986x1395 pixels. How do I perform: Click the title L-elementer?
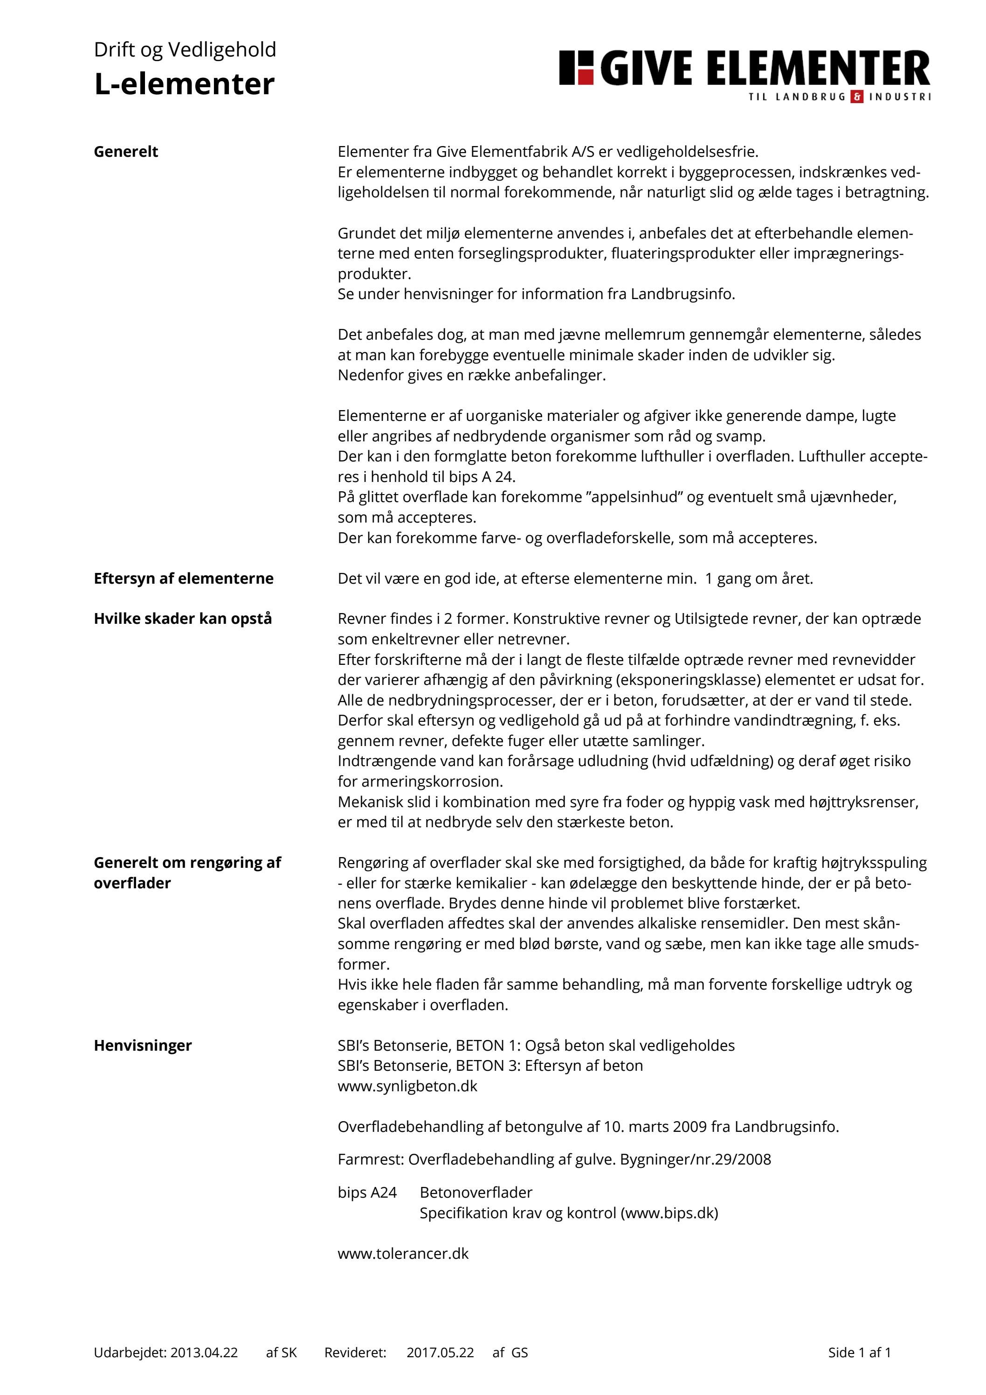(x=184, y=84)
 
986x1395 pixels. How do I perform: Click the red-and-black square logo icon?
(x=576, y=68)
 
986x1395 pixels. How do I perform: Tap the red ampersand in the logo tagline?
(x=857, y=97)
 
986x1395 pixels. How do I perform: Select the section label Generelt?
(x=126, y=152)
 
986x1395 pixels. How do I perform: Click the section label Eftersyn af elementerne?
(x=183, y=579)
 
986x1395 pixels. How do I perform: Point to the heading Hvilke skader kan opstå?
(x=183, y=619)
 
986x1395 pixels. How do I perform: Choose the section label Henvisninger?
(x=143, y=1045)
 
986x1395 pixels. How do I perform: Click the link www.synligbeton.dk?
(x=407, y=1086)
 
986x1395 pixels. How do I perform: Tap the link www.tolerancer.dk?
(x=403, y=1254)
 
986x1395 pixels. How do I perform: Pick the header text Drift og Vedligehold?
(x=185, y=49)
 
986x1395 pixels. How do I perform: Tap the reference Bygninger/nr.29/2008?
(x=695, y=1159)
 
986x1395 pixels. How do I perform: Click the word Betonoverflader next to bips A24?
(x=476, y=1192)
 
